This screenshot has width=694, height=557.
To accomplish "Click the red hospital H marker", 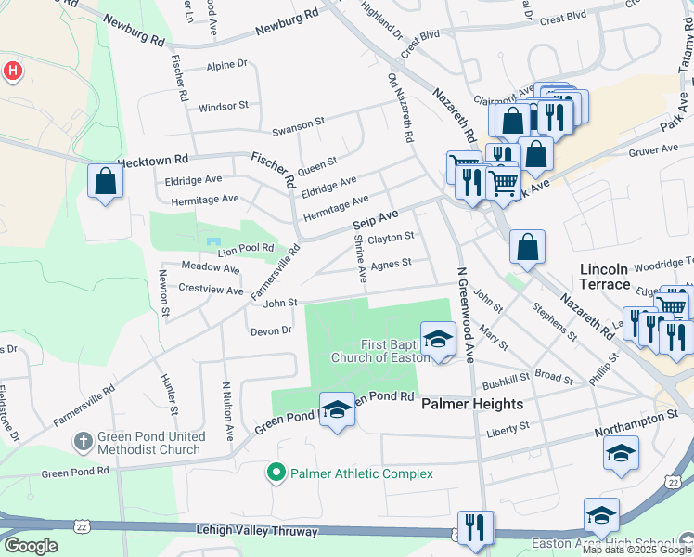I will tap(12, 71).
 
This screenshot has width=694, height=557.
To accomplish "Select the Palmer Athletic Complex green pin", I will tap(276, 473).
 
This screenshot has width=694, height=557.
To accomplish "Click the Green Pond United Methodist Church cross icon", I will tap(83, 442).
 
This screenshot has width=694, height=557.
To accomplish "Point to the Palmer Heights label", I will tap(472, 405).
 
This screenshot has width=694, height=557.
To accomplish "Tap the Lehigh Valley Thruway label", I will tap(256, 532).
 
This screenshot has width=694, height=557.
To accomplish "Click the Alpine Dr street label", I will tap(226, 65).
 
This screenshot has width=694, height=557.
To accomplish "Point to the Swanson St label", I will tap(298, 122).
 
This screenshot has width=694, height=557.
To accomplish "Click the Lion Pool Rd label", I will tap(245, 249).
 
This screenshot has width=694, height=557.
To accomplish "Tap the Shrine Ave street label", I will tap(360, 258).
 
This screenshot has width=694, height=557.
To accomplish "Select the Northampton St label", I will tap(650, 419).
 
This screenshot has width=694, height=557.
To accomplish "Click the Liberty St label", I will tap(508, 427).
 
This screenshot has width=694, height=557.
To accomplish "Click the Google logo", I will tap(32, 546).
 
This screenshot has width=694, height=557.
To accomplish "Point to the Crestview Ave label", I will tap(211, 290).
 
